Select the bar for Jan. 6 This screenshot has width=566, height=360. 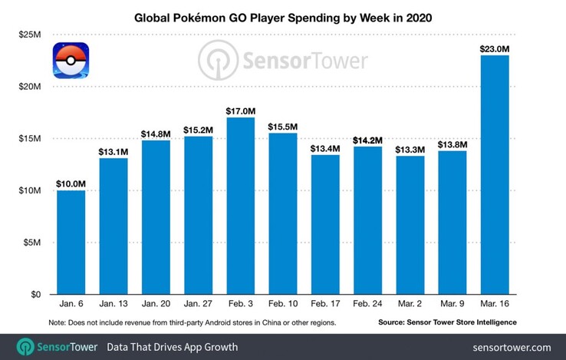tap(71, 243)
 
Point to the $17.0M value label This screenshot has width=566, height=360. tap(240, 111)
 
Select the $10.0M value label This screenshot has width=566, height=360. tap(71, 183)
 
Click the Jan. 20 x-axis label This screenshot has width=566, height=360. tap(156, 305)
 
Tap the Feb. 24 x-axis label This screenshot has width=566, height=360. tap(367, 305)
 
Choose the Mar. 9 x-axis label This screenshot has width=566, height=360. tap(452, 305)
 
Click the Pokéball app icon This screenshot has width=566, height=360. tap(71, 61)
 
